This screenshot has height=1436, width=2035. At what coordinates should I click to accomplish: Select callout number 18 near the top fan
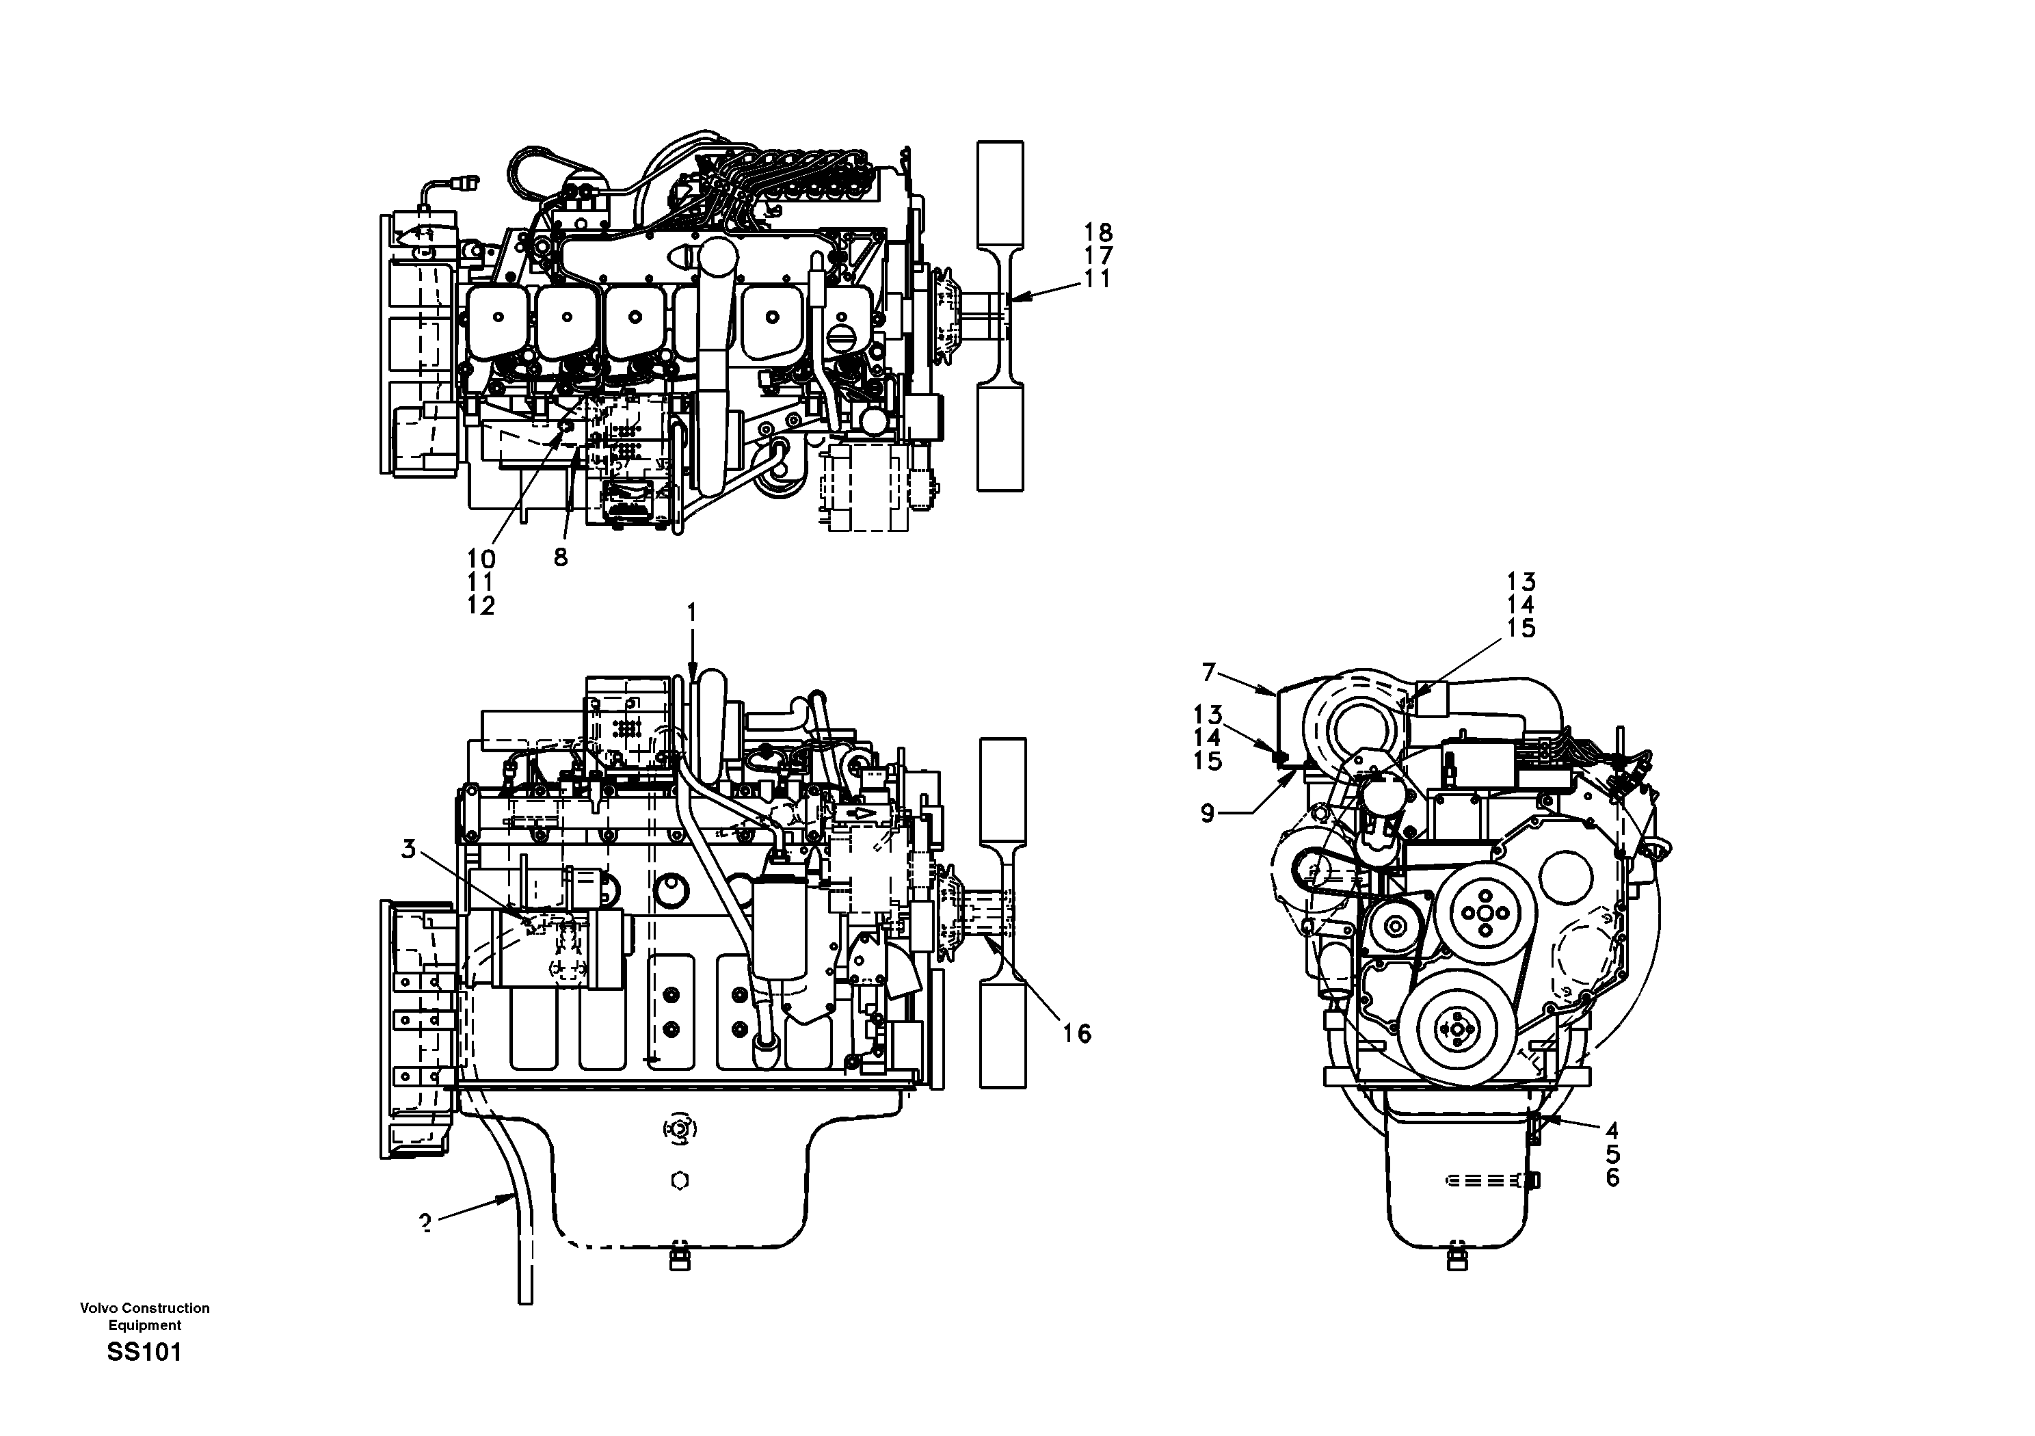[1098, 233]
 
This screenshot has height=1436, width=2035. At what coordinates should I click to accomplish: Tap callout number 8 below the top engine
[560, 557]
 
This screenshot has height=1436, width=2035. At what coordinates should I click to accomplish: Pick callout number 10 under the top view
[481, 559]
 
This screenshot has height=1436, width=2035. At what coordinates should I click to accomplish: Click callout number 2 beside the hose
[426, 1223]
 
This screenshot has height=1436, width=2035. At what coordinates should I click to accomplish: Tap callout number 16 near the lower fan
[1077, 1033]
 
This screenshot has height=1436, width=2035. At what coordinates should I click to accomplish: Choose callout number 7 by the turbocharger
[1208, 672]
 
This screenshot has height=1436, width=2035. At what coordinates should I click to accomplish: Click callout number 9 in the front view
[1207, 813]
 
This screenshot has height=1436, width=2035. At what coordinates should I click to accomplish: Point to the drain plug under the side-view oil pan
[678, 1260]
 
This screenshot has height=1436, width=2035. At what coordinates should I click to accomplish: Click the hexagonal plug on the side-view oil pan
[680, 1181]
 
